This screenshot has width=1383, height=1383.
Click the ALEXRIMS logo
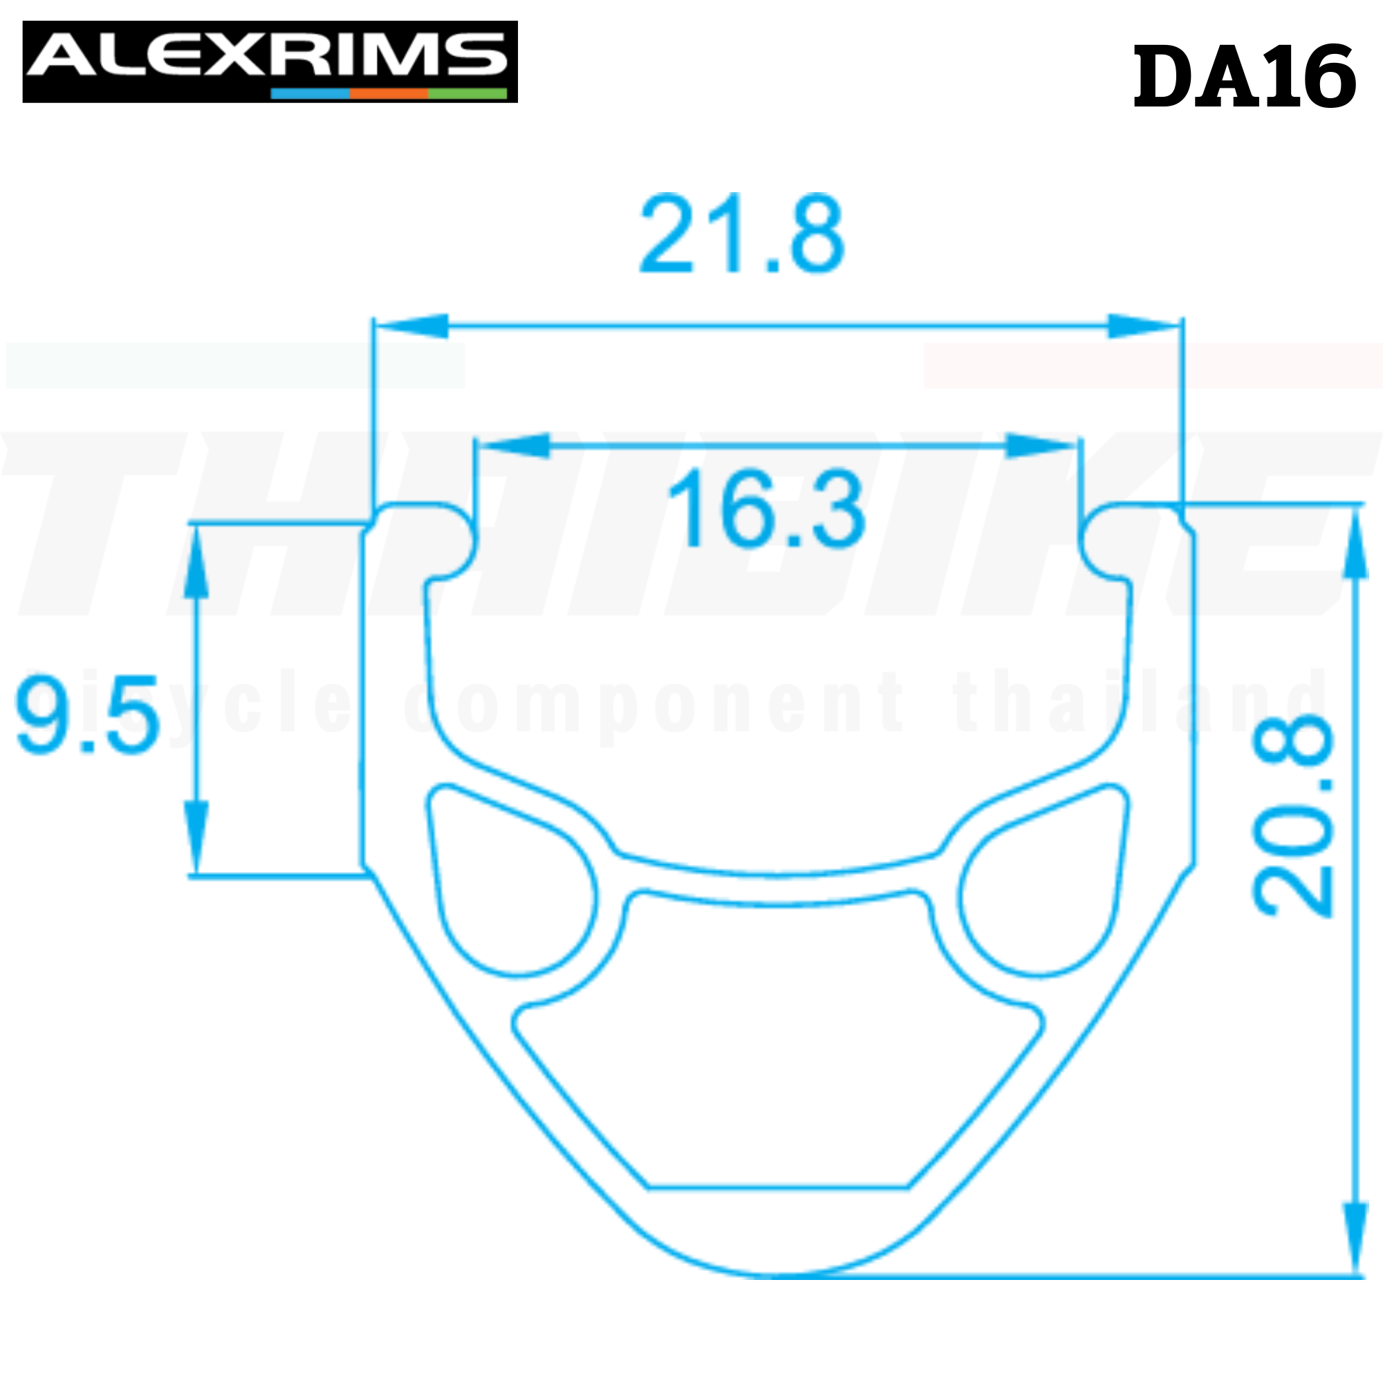click(270, 61)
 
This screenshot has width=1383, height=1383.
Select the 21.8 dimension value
click(742, 233)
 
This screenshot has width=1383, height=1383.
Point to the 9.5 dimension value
click(87, 715)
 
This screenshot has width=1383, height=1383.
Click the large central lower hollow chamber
click(777, 1038)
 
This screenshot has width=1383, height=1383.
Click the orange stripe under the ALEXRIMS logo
click(388, 94)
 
